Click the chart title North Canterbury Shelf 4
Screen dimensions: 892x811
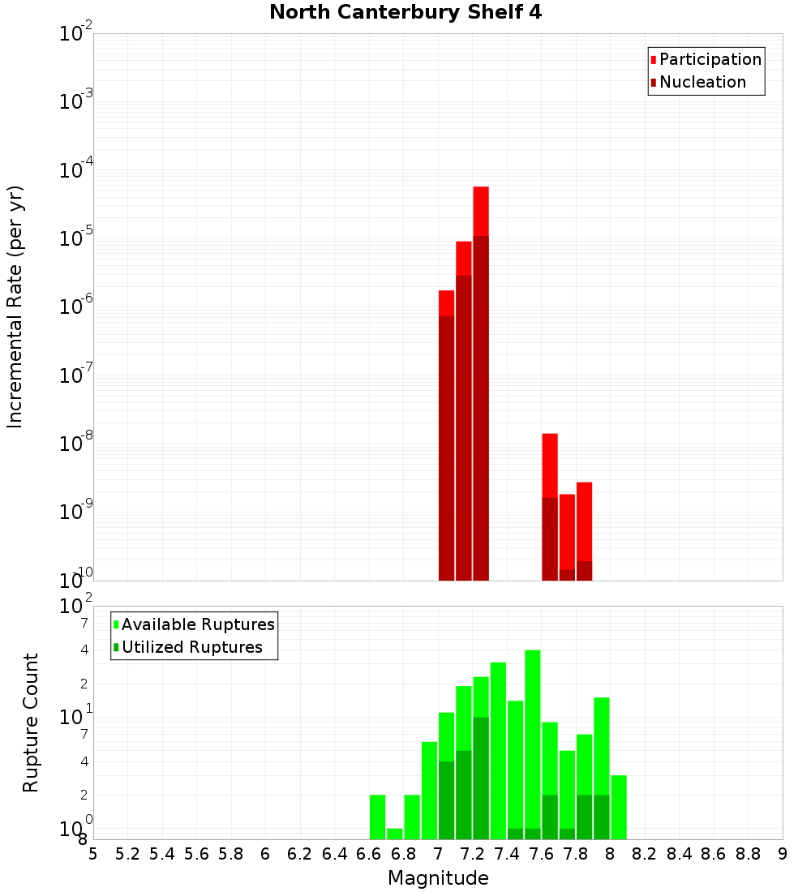click(x=405, y=13)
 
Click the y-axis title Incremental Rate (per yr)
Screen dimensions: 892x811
click(x=15, y=307)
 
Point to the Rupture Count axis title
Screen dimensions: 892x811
click(x=31, y=723)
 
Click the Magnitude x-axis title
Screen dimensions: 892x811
click(x=438, y=878)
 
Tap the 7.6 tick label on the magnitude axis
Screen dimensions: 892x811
click(x=541, y=854)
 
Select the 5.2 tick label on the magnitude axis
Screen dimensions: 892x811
click(x=127, y=854)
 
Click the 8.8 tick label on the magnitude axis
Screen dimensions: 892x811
click(x=748, y=854)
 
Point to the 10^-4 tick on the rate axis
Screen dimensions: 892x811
click(x=77, y=170)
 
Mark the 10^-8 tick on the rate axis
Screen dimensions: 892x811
click(x=77, y=444)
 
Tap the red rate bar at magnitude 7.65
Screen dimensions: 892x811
click(x=550, y=503)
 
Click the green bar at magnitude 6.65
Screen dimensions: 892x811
click(x=377, y=817)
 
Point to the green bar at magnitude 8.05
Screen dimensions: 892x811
click(x=619, y=807)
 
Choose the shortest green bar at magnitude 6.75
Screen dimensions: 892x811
click(x=395, y=834)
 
